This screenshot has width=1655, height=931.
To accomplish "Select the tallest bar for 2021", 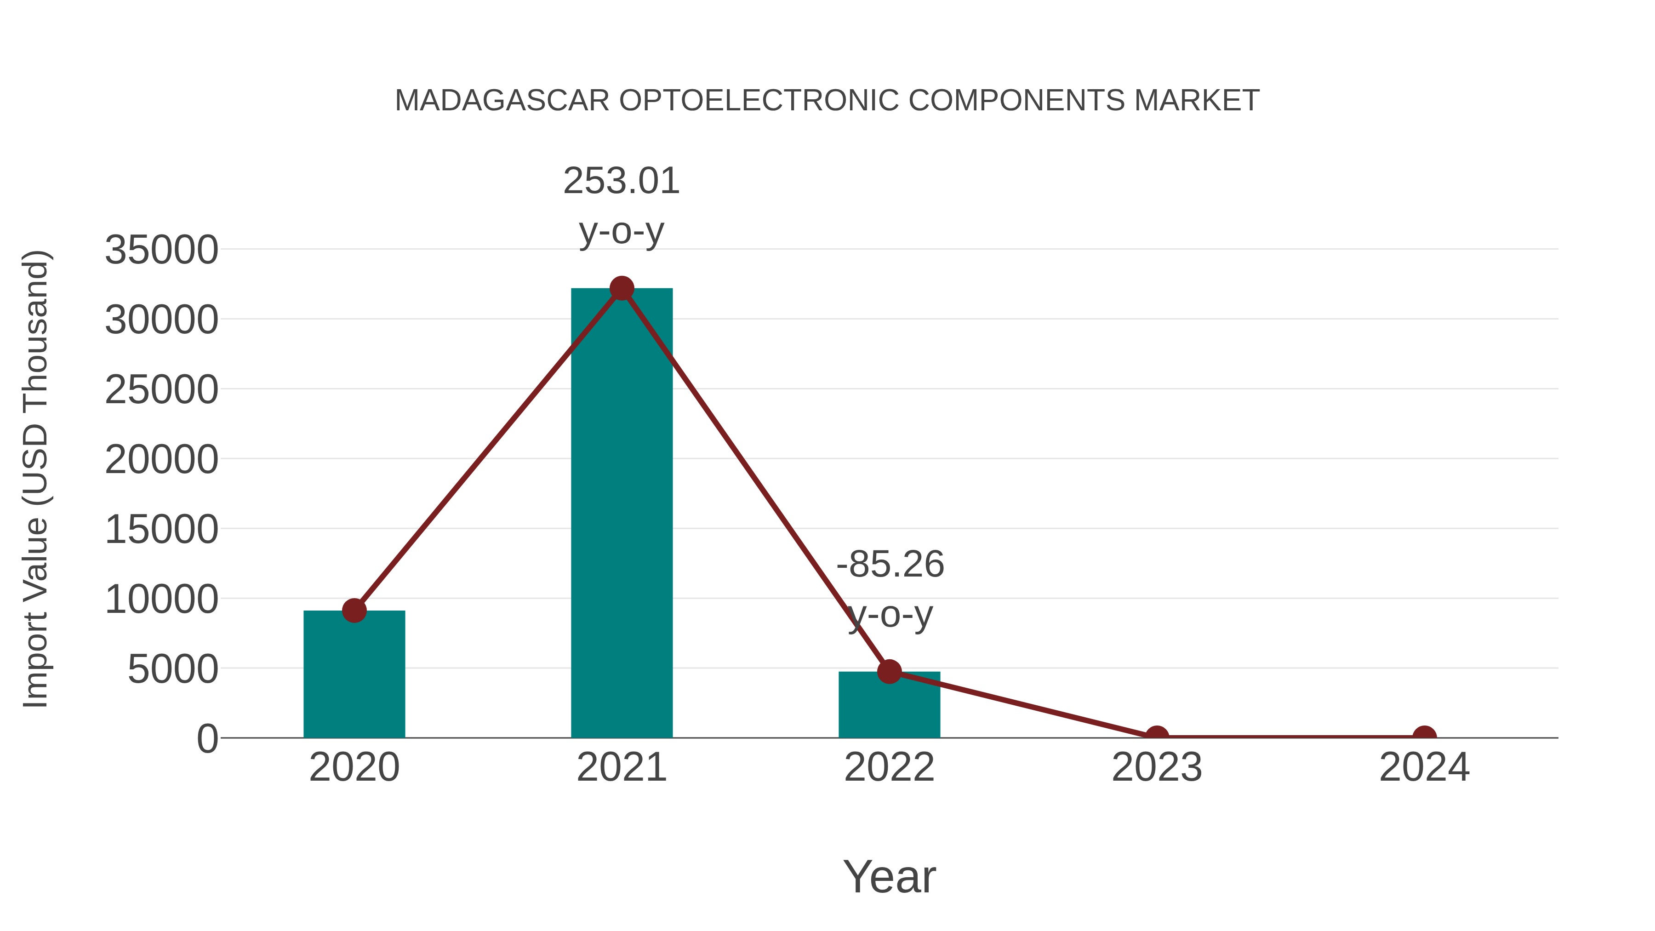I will click(621, 514).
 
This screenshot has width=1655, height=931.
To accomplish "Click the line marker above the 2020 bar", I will click(354, 611).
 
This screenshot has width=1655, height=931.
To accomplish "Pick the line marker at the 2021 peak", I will click(621, 288).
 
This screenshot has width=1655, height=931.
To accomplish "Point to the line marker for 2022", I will click(889, 671).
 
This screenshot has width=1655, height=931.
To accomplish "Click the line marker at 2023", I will click(1157, 737).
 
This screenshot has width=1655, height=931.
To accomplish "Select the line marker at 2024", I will click(1424, 737).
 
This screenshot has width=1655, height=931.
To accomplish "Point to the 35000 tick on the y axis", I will click(161, 250).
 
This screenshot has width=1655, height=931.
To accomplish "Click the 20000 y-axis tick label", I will click(161, 460).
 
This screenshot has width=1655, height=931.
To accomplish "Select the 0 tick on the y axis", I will click(207, 739).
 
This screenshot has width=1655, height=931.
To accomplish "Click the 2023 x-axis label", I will click(1157, 768).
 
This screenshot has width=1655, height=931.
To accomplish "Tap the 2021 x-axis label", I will click(621, 768).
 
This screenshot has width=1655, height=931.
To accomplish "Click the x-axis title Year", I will click(889, 877).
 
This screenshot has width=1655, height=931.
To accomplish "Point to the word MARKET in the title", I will click(1196, 101).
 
